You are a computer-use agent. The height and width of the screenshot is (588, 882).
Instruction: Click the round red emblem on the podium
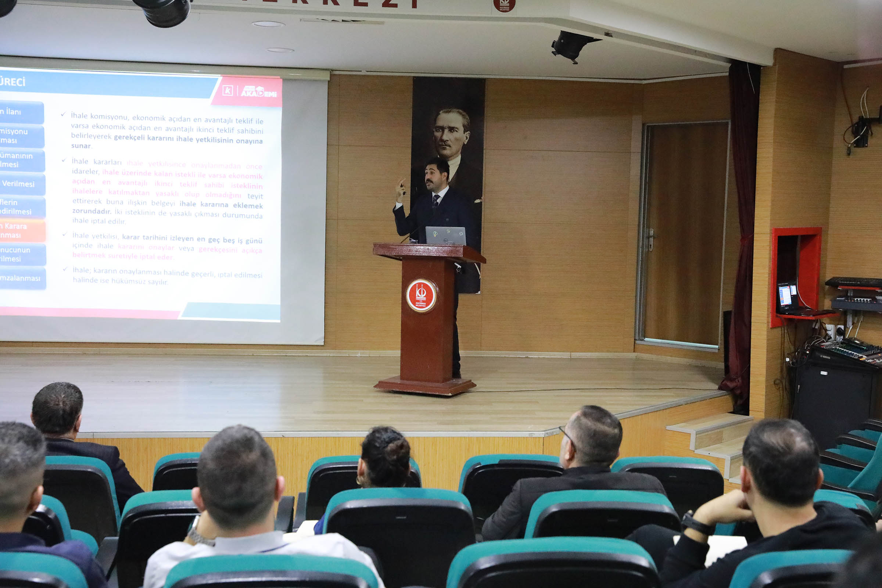pyautogui.click(x=422, y=295)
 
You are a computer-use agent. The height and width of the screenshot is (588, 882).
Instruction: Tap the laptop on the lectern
pyautogui.click(x=446, y=236)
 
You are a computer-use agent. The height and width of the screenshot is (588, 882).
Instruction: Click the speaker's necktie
pyautogui.click(x=435, y=201)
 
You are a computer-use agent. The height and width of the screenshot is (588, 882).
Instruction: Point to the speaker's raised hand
pyautogui.click(x=401, y=189)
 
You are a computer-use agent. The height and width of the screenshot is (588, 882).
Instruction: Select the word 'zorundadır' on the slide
pyautogui.click(x=92, y=211)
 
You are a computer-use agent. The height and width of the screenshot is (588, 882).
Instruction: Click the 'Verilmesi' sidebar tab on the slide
pyautogui.click(x=22, y=184)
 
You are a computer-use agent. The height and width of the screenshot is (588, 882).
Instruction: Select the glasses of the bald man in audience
pyautogui.click(x=567, y=437)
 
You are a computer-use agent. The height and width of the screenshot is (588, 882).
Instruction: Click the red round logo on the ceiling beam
pyautogui.click(x=504, y=5)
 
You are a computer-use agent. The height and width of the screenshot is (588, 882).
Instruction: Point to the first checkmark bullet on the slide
pyautogui.click(x=63, y=114)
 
